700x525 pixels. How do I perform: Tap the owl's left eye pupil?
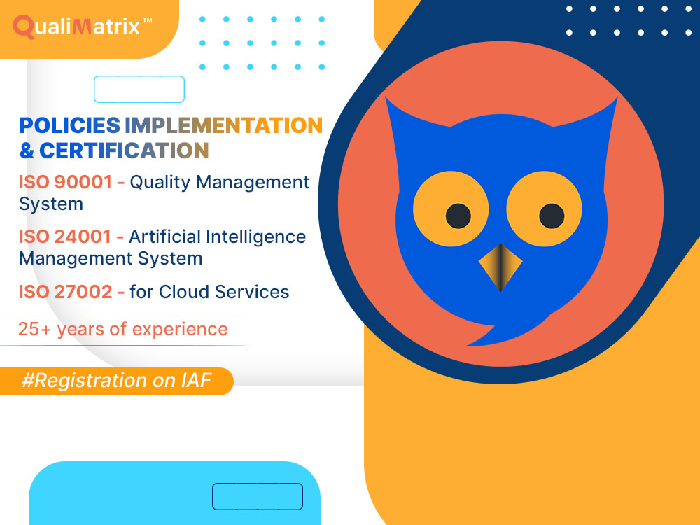458,216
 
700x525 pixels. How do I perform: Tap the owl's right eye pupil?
552,216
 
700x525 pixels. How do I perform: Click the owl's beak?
500,267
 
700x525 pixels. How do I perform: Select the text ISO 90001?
65,183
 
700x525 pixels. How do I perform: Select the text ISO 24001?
65,237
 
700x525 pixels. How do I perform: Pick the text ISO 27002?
65,291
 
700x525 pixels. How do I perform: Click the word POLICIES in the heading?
69,125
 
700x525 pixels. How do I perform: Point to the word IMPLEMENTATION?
223,125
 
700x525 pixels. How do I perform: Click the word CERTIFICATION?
124,150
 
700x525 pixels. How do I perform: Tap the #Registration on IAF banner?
116,381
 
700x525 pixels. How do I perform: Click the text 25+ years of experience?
123,329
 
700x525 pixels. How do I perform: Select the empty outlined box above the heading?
139,90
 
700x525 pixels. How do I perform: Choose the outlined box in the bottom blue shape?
258,496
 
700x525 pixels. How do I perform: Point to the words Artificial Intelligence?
217,237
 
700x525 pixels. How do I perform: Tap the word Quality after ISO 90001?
160,183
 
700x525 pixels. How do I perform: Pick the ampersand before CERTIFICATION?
27,150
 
